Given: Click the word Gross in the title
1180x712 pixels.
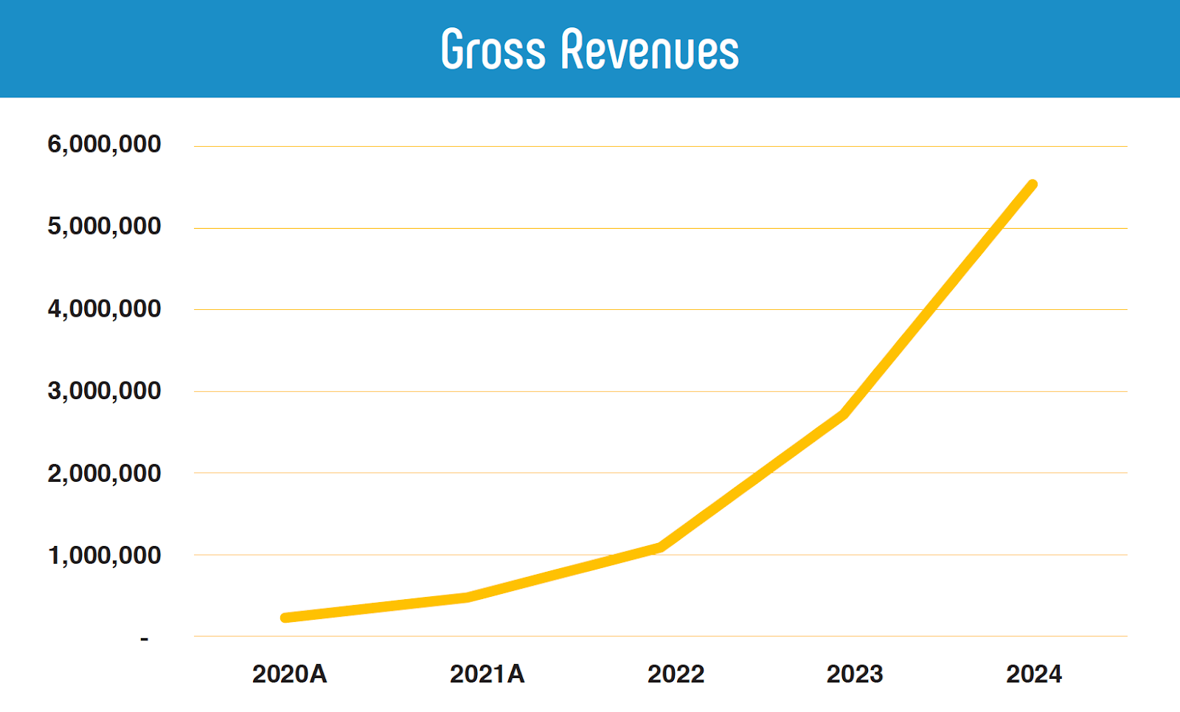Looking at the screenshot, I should tap(493, 50).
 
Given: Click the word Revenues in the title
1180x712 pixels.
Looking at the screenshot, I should tap(649, 50).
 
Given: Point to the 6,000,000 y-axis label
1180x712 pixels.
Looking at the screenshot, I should tap(104, 144).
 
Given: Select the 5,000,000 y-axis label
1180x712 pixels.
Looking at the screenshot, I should tap(104, 226).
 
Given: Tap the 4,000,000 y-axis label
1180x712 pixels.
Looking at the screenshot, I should tap(104, 308).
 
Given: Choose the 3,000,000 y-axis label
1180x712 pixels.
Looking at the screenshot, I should tap(104, 390).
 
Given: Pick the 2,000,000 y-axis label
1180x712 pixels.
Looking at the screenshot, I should tap(104, 473).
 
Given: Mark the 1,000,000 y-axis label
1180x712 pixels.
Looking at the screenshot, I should tap(104, 555).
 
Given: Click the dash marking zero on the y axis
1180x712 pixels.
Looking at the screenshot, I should tap(145, 638).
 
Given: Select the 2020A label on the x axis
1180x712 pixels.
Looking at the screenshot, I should tap(289, 674).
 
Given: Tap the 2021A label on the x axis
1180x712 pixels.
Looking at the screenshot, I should tap(487, 674).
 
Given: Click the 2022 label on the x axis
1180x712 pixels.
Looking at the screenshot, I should tap(676, 674).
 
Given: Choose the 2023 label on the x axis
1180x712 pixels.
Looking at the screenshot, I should tap(855, 674).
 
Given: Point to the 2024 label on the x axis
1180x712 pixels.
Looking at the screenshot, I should tap(1034, 674).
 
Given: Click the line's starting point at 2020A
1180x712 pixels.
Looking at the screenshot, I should tap(285, 618).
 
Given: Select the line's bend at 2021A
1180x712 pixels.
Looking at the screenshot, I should tap(468, 597).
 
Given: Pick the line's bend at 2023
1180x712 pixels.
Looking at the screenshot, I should tap(844, 414).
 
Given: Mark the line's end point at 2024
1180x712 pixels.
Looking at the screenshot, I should tap(1032, 184).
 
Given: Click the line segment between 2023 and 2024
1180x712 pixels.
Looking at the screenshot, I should tap(938, 299).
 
